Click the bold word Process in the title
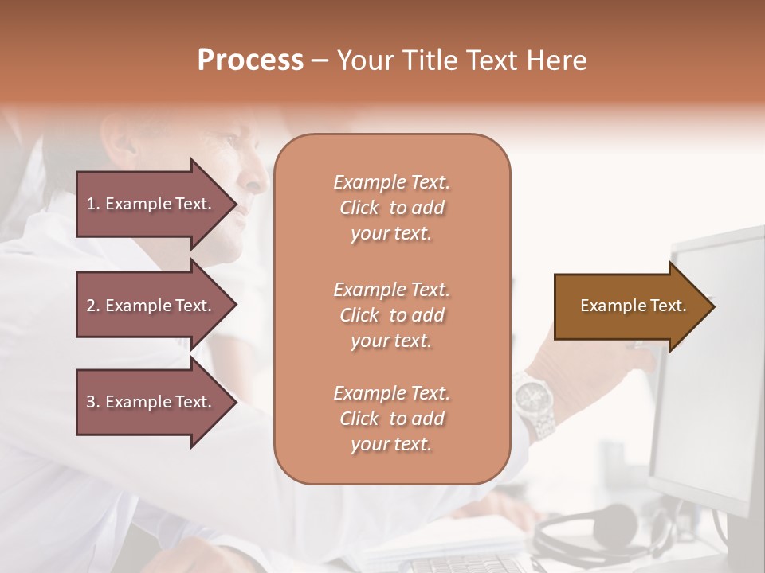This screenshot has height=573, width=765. pyautogui.click(x=250, y=60)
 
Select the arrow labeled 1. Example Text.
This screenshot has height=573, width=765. pyautogui.click(x=151, y=204)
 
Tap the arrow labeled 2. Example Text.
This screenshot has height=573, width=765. pyautogui.click(x=151, y=306)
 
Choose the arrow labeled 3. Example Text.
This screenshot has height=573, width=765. pyautogui.click(x=151, y=402)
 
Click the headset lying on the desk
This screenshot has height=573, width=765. pyautogui.click(x=606, y=529)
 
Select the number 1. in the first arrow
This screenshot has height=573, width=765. pyautogui.click(x=92, y=204)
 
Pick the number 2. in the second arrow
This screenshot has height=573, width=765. pyautogui.click(x=92, y=306)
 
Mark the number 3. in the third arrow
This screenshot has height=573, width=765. pyautogui.click(x=92, y=402)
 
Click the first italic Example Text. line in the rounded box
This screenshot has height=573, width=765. pyautogui.click(x=391, y=182)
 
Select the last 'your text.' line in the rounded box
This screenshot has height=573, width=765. pyautogui.click(x=391, y=444)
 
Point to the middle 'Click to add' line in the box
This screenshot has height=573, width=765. pyautogui.click(x=391, y=315)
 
